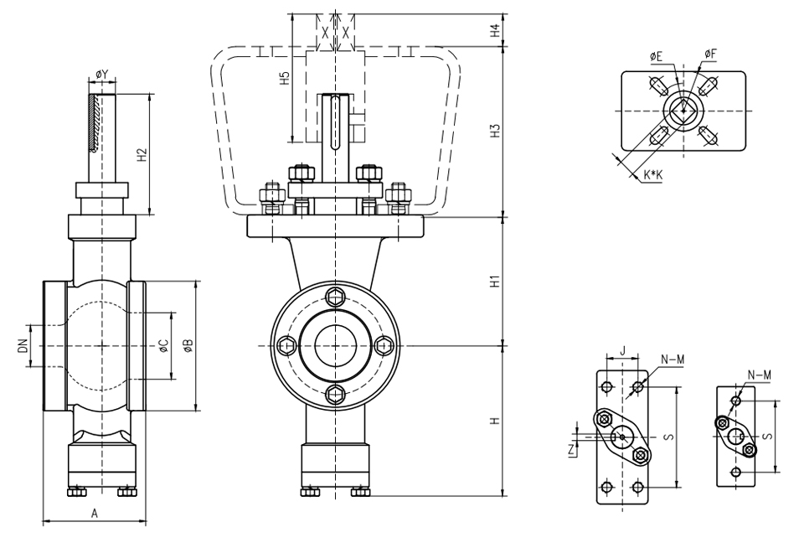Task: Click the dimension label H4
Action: pos(495,30)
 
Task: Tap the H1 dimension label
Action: pos(495,282)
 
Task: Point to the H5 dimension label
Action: pos(285,80)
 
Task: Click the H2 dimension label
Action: pos(142,154)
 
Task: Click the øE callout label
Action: pos(656,55)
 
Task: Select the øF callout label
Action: pos(709,54)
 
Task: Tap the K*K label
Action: pos(653,174)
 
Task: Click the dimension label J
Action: pos(622,349)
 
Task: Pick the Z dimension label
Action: pos(571,449)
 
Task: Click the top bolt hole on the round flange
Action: pos(336,295)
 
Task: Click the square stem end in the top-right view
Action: pos(683,110)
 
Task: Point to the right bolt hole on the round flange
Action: pos(384,344)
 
